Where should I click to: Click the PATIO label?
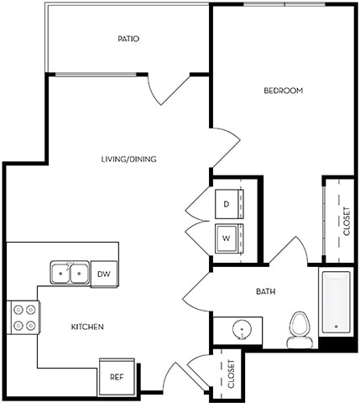128,39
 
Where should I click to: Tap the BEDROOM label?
283,90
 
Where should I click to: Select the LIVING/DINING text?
128,159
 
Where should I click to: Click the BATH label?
266,291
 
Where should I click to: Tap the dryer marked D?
227,203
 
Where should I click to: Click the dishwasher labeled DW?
103,274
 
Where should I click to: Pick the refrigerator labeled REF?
116,377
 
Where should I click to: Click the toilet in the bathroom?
299,330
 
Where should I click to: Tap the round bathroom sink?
237,329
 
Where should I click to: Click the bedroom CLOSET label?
347,220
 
